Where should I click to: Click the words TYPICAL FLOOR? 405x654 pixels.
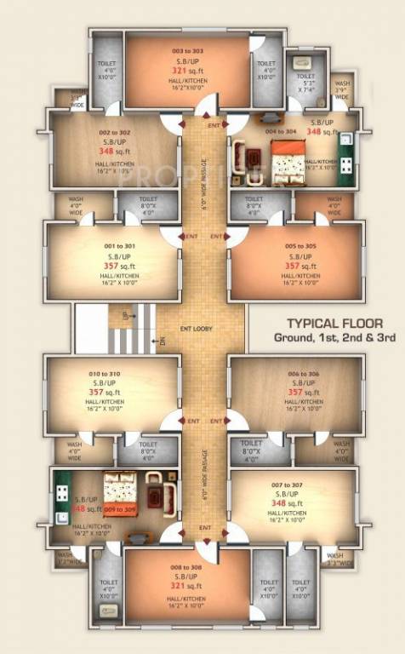(x=334, y=324)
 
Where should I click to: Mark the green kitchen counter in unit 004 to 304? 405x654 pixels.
(x=346, y=156)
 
